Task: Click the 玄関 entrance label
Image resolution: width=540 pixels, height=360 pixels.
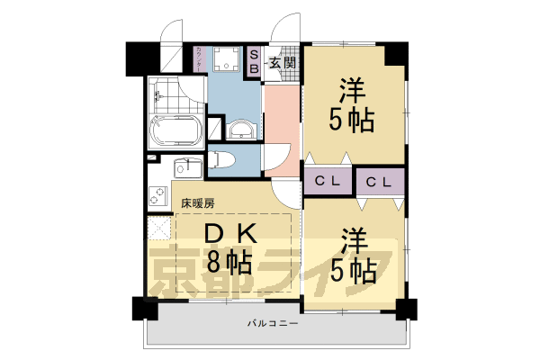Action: (x=283, y=63)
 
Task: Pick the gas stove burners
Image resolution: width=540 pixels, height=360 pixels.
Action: (x=156, y=195)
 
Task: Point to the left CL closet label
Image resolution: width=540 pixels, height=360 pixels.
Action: (x=327, y=181)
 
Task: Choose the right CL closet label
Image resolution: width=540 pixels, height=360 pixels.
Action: (x=379, y=181)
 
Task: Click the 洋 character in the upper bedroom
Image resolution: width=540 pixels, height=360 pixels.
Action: (x=352, y=91)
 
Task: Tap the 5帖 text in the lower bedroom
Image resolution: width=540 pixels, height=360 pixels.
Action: (x=352, y=270)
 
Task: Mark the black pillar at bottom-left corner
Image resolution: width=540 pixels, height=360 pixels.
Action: (x=144, y=308)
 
